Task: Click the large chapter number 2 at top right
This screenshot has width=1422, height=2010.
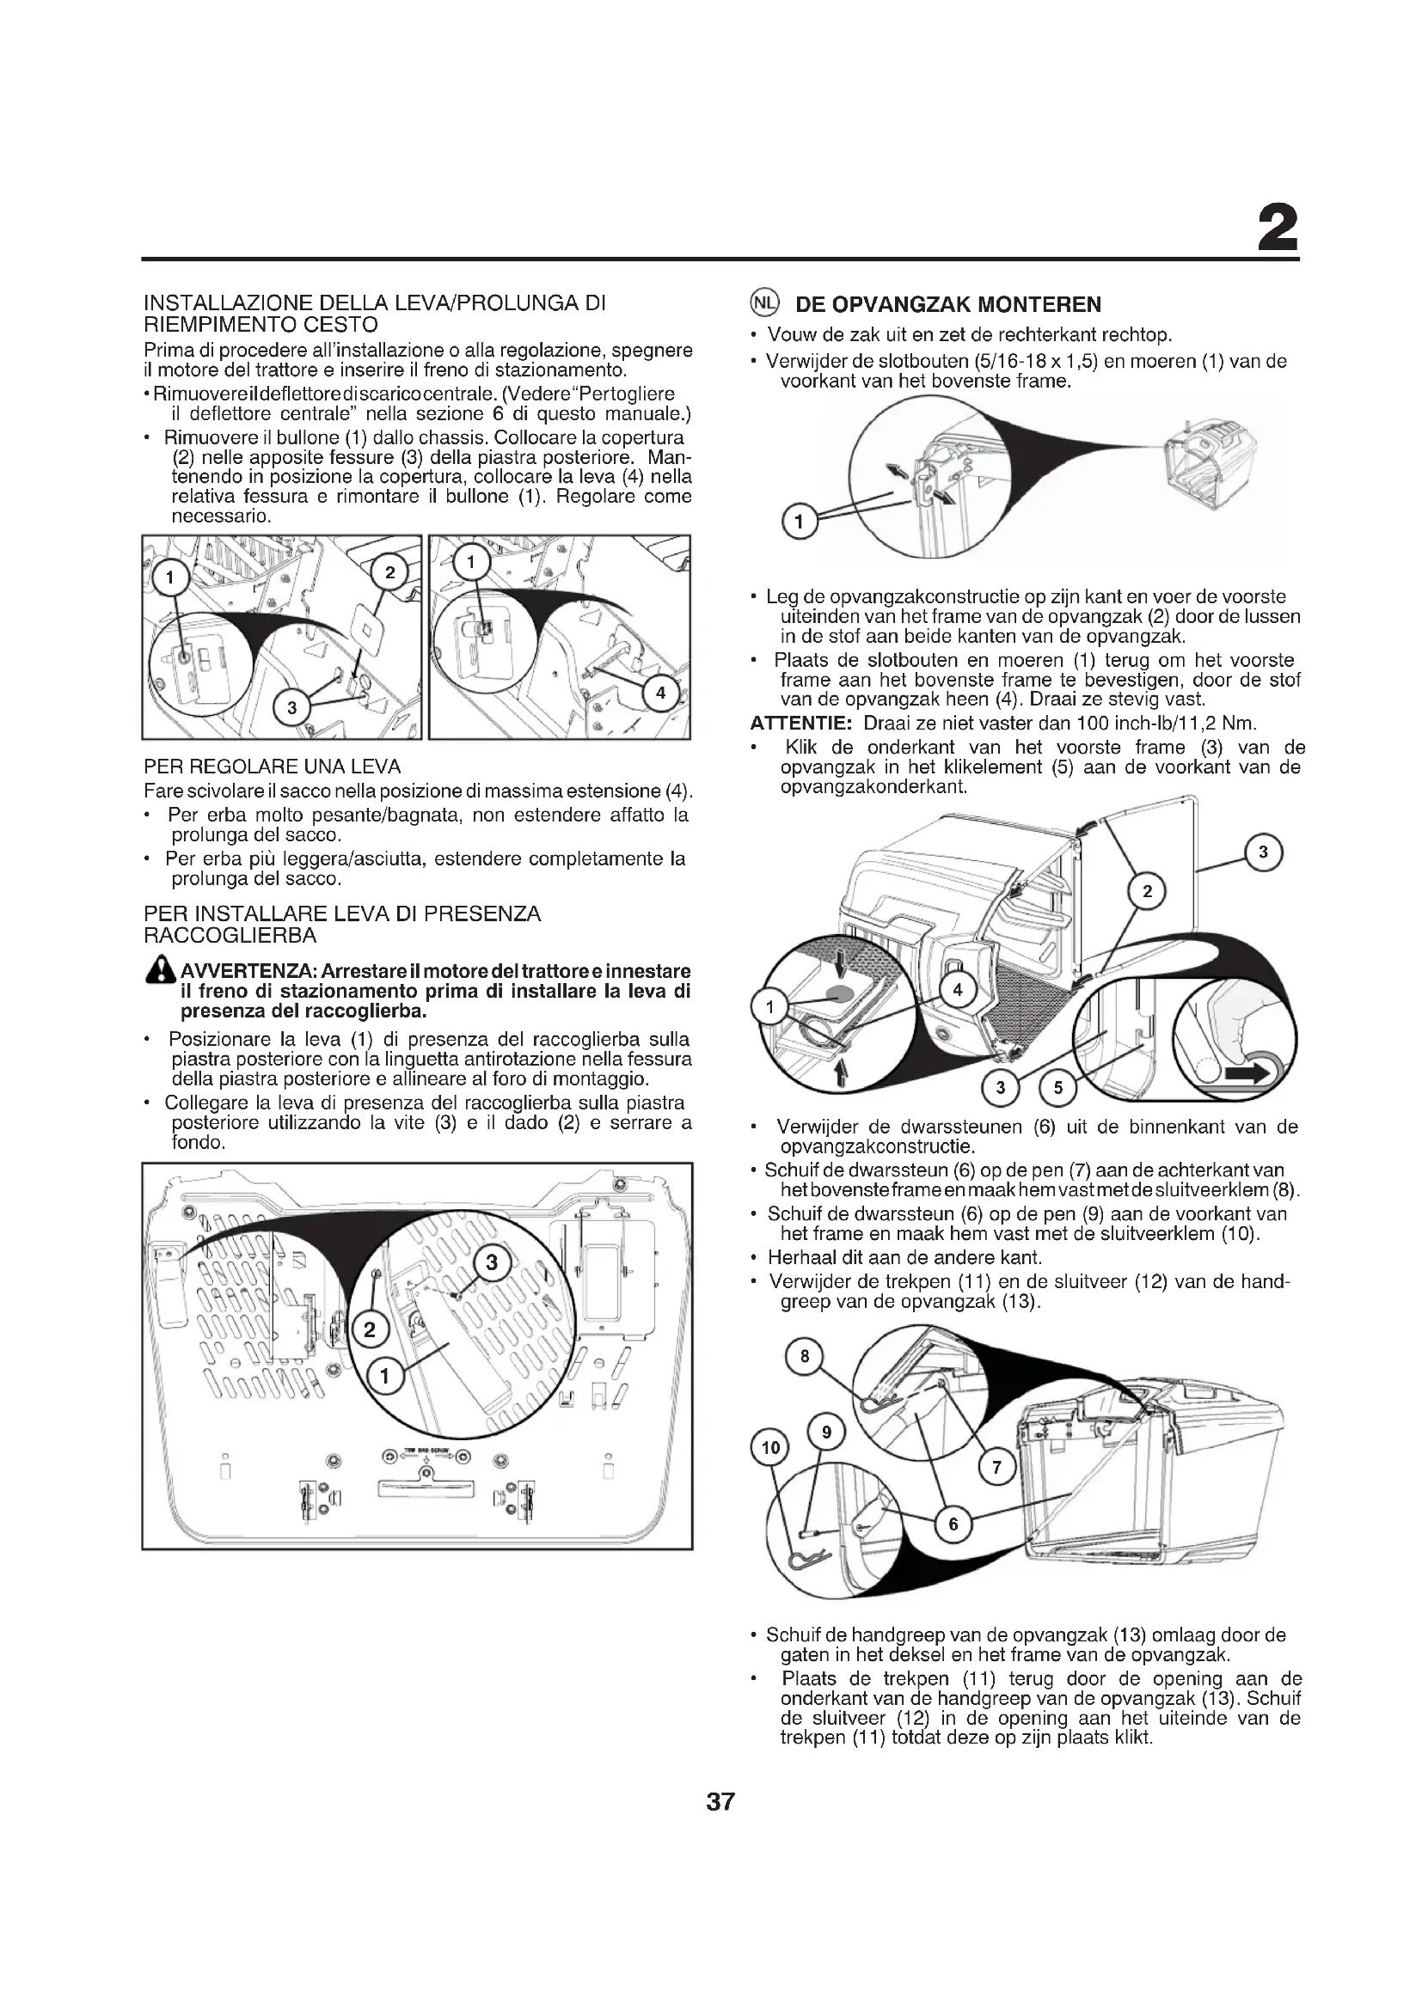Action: (1277, 230)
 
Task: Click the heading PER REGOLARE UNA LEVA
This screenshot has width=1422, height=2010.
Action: (273, 767)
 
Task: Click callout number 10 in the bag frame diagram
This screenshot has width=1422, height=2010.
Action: (770, 1448)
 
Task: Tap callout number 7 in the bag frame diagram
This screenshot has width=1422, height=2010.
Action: (996, 1466)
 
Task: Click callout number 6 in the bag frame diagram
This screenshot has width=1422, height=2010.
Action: (953, 1524)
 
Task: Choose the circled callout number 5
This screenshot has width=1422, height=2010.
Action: (1057, 1087)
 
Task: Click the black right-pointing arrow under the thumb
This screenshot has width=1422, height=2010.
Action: (1247, 1074)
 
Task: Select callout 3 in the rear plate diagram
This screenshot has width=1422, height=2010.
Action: (491, 1262)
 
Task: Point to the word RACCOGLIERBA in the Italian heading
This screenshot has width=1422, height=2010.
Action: (230, 936)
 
